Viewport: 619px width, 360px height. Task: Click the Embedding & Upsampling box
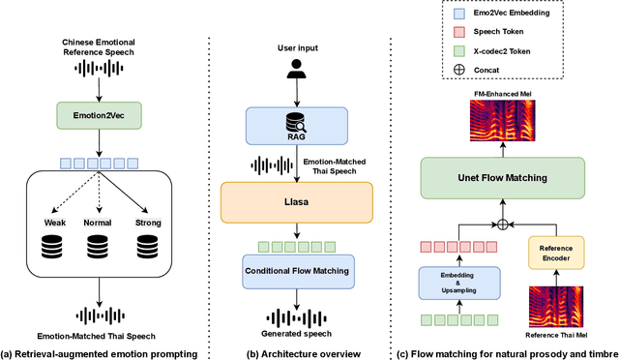(x=459, y=282)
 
